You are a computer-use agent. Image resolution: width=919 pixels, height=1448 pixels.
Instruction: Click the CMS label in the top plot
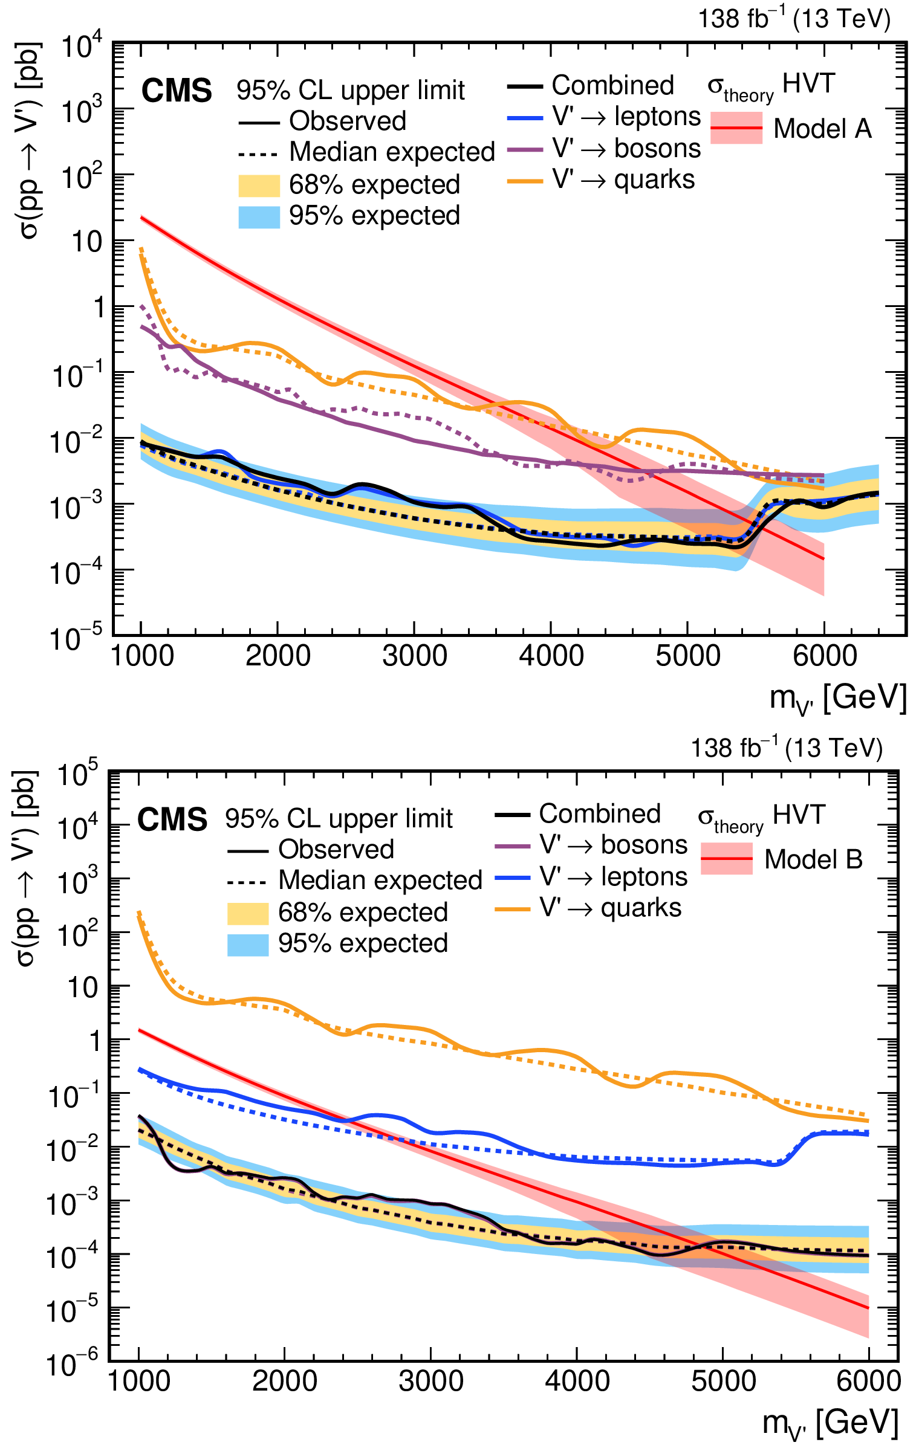(x=177, y=91)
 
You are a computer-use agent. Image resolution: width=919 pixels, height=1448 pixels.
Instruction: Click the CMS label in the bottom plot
(x=172, y=819)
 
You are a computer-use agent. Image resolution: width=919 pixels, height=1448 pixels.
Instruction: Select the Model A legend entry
(x=822, y=128)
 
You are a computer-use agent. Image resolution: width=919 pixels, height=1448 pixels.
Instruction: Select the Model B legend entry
(x=813, y=859)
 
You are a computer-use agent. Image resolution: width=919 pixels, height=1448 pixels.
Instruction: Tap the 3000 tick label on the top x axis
(x=414, y=656)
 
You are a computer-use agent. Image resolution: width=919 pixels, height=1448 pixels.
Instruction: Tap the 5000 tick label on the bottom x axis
(x=723, y=1381)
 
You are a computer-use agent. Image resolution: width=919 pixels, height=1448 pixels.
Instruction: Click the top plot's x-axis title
(x=837, y=698)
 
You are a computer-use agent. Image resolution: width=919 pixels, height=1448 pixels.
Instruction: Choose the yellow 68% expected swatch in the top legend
(x=259, y=186)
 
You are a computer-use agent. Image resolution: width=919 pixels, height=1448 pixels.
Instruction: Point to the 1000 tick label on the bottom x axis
(x=139, y=1381)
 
